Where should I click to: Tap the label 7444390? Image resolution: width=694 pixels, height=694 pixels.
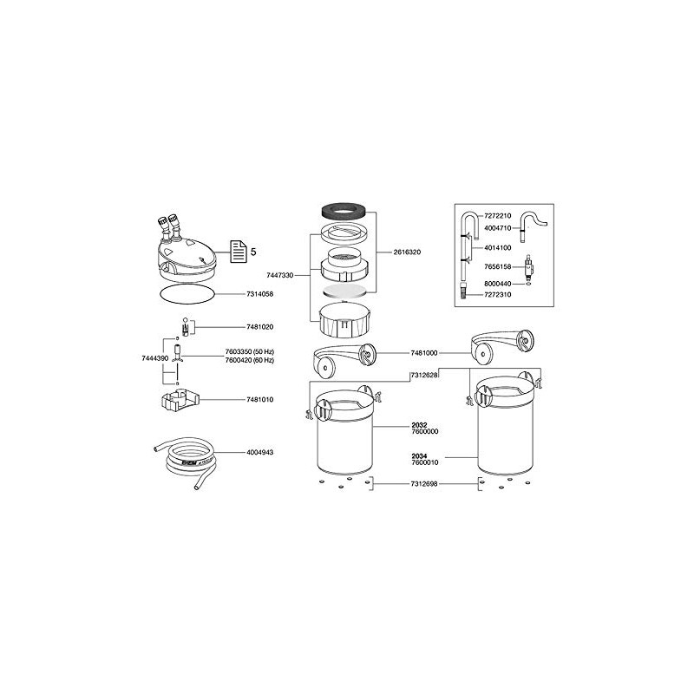coord(154,357)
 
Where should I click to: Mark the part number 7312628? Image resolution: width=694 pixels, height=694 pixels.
coord(423,375)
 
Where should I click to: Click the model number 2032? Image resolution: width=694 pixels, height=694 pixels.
coord(419,425)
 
